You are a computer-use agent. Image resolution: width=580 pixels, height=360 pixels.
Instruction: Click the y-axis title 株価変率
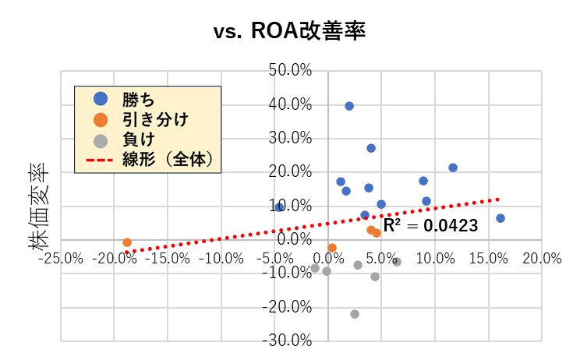pos(39,207)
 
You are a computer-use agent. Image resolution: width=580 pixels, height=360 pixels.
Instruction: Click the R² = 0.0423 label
pos(430,226)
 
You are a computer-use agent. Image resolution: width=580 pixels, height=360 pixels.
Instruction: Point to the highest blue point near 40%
pos(349,106)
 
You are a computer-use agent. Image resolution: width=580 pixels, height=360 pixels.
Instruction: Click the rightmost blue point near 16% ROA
pos(500,218)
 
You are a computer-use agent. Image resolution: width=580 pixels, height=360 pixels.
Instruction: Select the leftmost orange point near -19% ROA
pos(127,242)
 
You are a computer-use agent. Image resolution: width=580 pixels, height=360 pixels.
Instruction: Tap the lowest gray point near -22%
pos(355,314)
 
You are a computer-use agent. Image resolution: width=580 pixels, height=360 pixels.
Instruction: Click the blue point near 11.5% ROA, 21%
pos(453,168)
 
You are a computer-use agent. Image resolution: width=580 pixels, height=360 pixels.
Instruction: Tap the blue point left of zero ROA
pos(279,207)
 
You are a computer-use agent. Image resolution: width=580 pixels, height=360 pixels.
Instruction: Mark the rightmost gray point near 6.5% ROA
pos(397,262)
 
